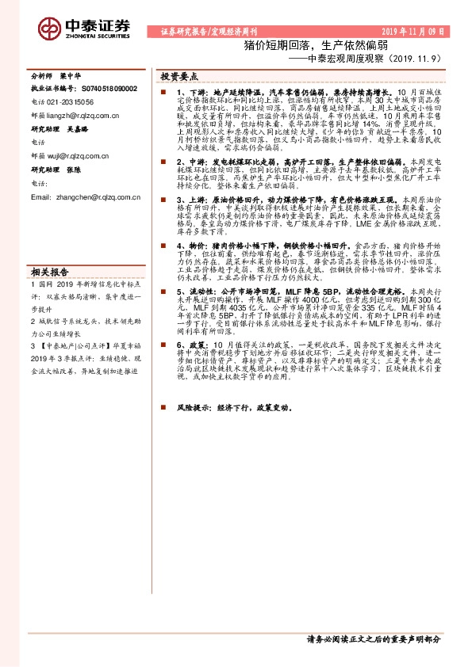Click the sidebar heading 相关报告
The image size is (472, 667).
48,270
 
